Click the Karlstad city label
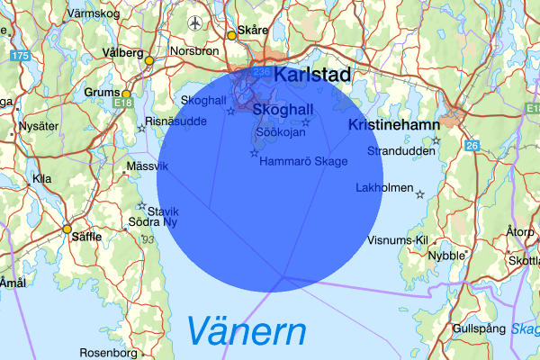click(311, 75)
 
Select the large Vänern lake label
click(247, 333)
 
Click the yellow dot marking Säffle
click(67, 229)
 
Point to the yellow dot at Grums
click(127, 94)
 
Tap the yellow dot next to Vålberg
click(149, 60)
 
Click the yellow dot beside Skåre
click(231, 35)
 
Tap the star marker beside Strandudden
click(436, 140)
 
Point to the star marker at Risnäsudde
click(140, 129)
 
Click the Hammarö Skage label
click(302, 161)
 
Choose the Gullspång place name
click(479, 328)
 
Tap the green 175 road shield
click(20, 56)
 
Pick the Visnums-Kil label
click(396, 240)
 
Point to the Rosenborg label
click(107, 352)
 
